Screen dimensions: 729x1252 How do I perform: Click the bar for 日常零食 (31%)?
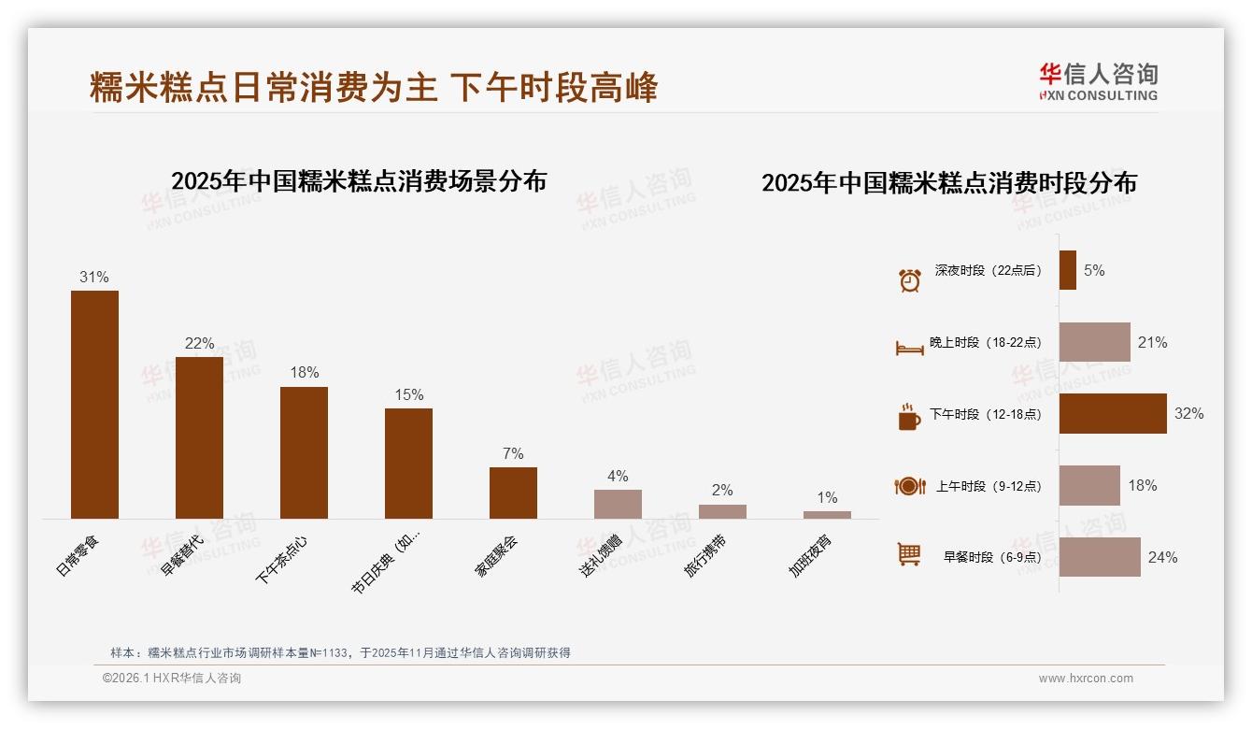click(94, 405)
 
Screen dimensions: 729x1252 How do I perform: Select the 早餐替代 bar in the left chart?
click(199, 437)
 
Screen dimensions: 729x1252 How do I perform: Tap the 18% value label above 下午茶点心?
click(304, 372)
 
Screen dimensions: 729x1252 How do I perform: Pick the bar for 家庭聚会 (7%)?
click(513, 493)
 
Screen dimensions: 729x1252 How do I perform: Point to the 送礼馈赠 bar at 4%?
click(618, 504)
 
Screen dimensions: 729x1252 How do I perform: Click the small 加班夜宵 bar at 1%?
click(827, 515)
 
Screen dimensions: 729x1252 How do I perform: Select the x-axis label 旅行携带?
click(706, 556)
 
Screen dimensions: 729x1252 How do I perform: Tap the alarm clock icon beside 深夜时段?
click(909, 279)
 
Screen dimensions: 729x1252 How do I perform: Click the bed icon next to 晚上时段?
click(909, 348)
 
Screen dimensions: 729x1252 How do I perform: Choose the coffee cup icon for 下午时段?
click(909, 417)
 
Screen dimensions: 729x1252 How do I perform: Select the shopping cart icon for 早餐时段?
click(909, 554)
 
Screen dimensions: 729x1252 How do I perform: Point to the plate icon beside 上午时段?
click(909, 486)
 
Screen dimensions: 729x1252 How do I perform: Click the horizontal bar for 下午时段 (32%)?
click(1113, 413)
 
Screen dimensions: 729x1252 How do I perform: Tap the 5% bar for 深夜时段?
click(1067, 270)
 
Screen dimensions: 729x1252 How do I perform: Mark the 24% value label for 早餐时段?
click(1162, 557)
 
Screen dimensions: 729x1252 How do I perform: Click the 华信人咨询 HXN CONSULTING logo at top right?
click(1098, 81)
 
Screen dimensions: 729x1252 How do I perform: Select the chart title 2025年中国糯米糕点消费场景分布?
click(359, 180)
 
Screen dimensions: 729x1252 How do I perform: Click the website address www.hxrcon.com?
click(1086, 679)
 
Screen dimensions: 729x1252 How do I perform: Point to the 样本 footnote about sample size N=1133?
click(340, 653)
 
